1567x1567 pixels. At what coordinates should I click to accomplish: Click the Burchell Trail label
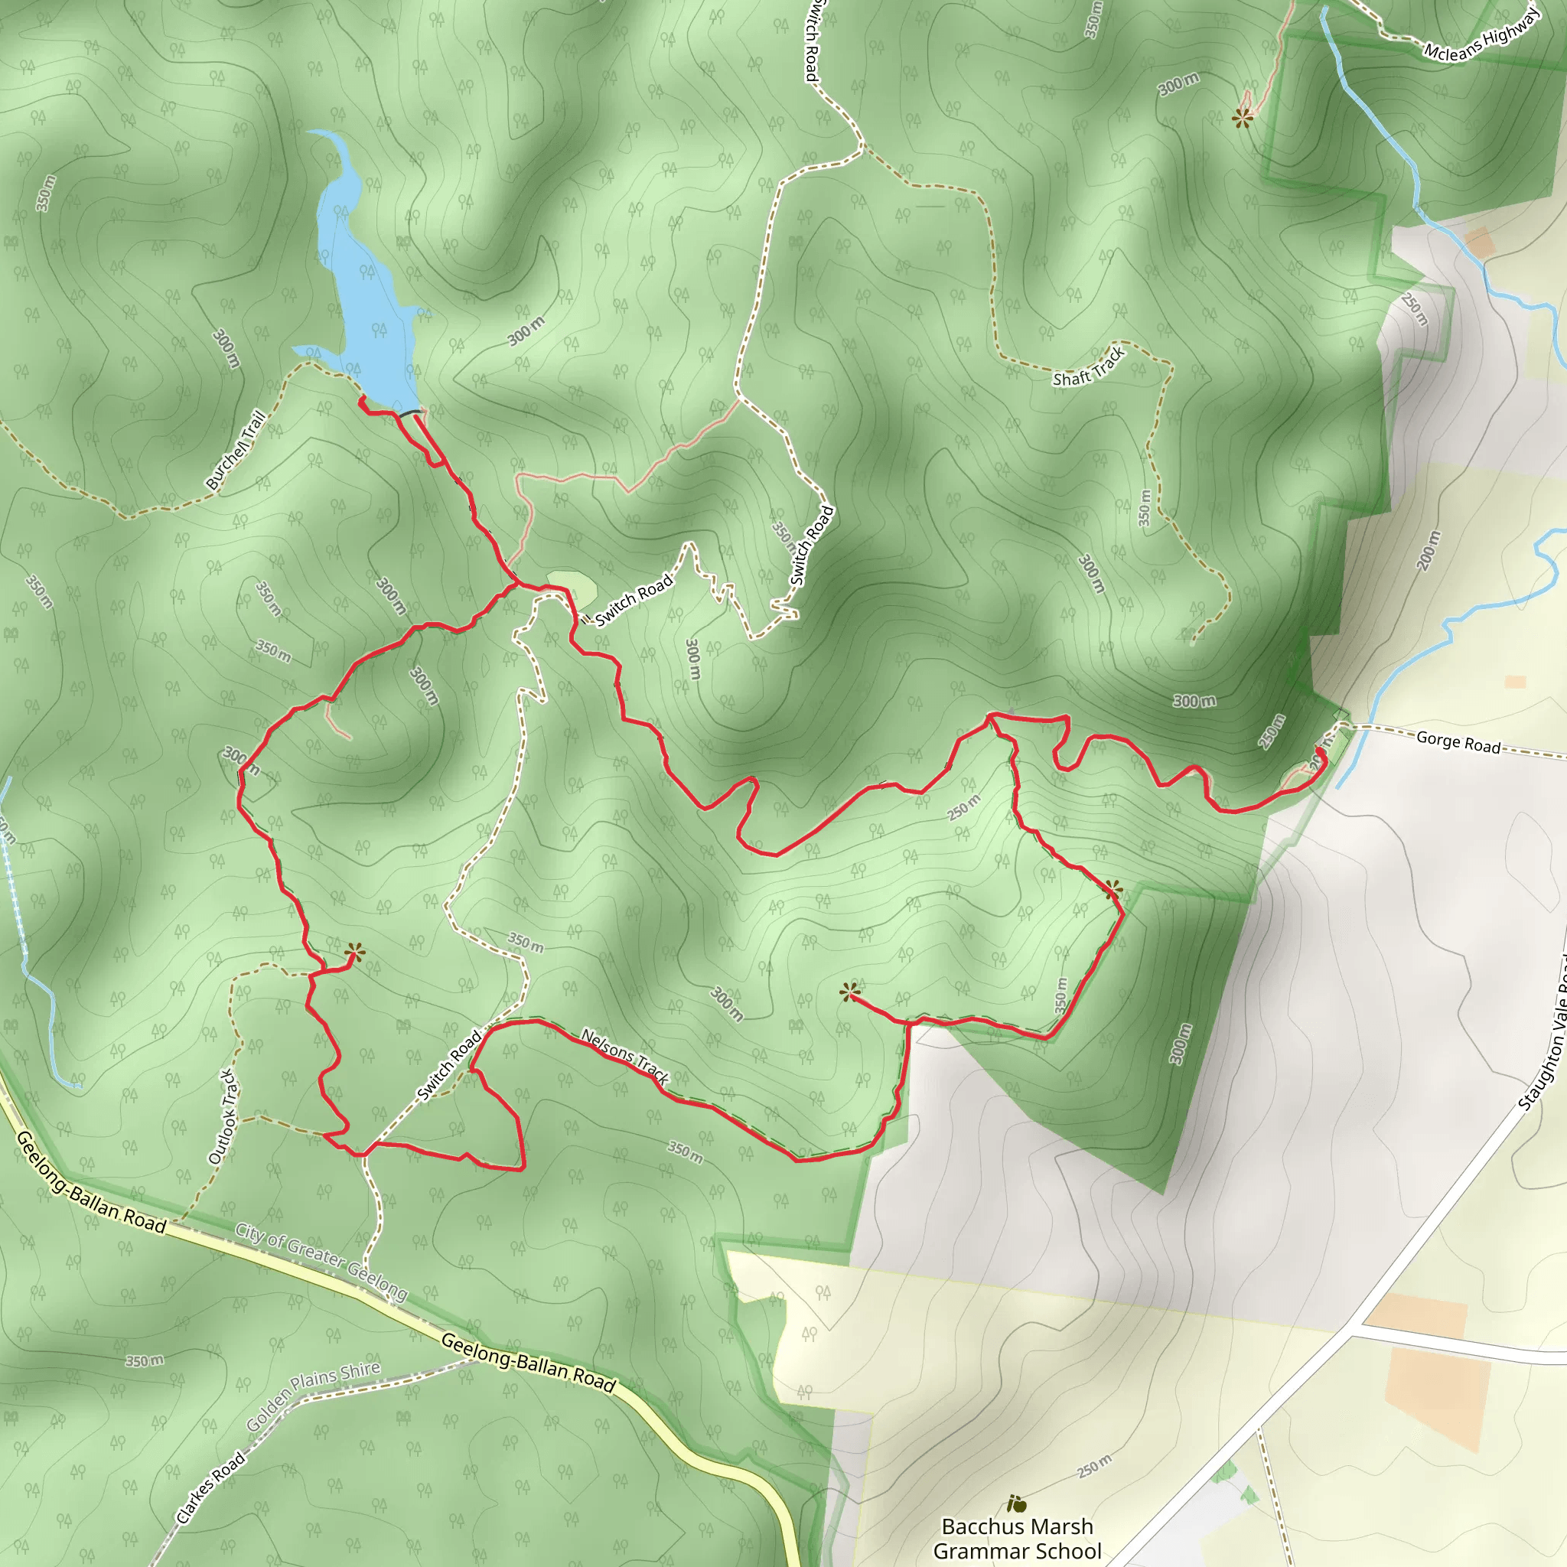(236, 450)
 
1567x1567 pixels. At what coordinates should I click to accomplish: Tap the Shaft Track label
(1089, 367)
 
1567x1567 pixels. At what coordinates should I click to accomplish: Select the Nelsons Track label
(625, 1057)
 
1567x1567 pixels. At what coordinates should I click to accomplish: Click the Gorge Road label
(1458, 741)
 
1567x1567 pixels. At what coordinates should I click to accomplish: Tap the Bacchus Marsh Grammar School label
(1017, 1538)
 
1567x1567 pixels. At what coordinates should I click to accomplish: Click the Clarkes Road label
(210, 1487)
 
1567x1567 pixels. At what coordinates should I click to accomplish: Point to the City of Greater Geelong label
(321, 1259)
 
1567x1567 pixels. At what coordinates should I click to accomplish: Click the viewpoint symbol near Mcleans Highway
(1243, 119)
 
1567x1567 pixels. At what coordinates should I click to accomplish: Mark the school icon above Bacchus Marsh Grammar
(1016, 1504)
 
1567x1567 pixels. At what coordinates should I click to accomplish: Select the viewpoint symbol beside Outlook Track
(354, 953)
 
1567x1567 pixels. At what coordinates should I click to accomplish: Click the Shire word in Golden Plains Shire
(360, 1370)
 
